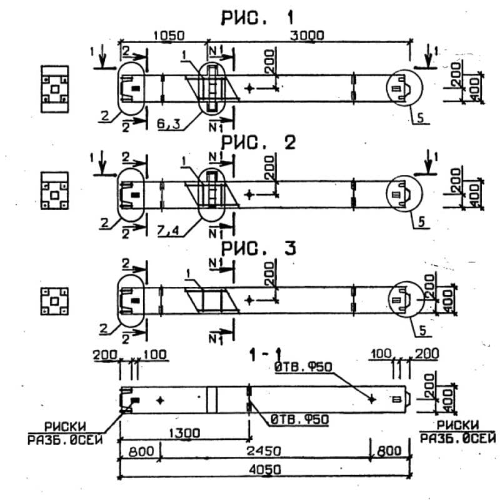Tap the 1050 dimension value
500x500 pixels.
tap(164, 36)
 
